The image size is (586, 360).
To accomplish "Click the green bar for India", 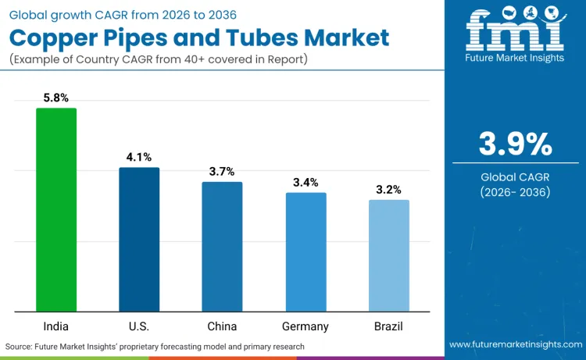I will tap(56, 209).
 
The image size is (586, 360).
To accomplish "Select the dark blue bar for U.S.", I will tap(139, 239).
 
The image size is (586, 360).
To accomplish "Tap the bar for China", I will tap(222, 246).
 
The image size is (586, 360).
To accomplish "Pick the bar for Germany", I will tap(306, 251).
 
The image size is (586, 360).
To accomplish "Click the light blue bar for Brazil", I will tap(388, 255).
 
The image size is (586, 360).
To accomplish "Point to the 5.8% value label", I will tap(56, 98).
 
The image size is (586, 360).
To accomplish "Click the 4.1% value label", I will tap(139, 158).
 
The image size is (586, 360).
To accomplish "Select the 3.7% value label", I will tap(222, 172).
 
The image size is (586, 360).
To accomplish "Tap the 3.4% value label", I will tap(306, 183).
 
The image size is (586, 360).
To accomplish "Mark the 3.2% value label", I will tap(388, 190).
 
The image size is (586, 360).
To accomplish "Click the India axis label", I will tap(56, 326).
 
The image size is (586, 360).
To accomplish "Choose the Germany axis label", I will tap(306, 326).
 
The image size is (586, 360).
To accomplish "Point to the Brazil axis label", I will tap(388, 326).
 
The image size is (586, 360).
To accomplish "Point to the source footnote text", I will tap(155, 346).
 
